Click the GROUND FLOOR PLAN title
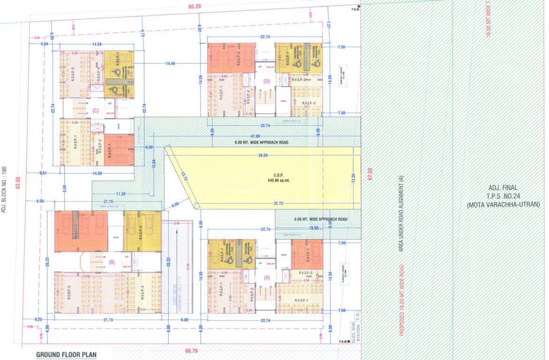(x=66, y=355)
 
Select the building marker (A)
(x=267, y=277)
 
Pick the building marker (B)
(x=111, y=262)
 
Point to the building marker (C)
(x=95, y=111)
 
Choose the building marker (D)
(x=267, y=81)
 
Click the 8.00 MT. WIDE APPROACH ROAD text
(x=261, y=142)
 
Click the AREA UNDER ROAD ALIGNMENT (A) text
(x=401, y=213)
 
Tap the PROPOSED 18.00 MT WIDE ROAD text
(x=401, y=300)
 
